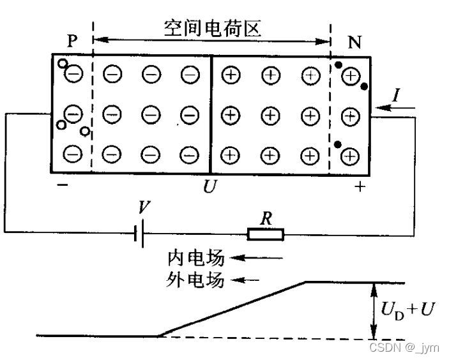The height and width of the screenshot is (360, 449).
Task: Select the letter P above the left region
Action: tap(72, 40)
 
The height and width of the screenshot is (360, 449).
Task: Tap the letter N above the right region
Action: tap(353, 41)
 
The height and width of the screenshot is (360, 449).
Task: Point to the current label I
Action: tap(397, 96)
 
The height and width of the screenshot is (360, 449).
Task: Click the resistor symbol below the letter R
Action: tap(266, 235)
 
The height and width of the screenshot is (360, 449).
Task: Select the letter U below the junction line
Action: tap(209, 188)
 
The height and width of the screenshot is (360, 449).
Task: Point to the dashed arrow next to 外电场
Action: tap(247, 280)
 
